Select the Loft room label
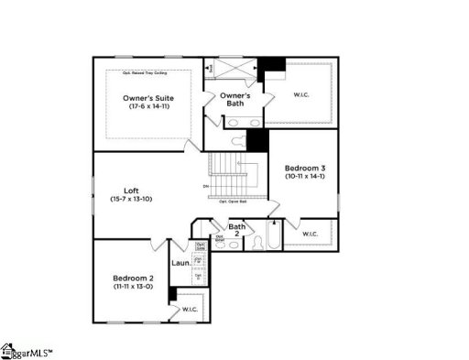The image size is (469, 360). (119, 190)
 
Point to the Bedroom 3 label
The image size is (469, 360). (303, 168)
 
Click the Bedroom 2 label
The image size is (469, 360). (133, 278)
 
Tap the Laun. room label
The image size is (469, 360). (181, 264)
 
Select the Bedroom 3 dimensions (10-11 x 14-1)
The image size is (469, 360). (303, 177)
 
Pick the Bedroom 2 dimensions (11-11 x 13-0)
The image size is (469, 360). (133, 287)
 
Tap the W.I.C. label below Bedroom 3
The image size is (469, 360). (309, 235)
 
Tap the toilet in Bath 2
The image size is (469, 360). (233, 244)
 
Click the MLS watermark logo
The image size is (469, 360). (27, 351)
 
